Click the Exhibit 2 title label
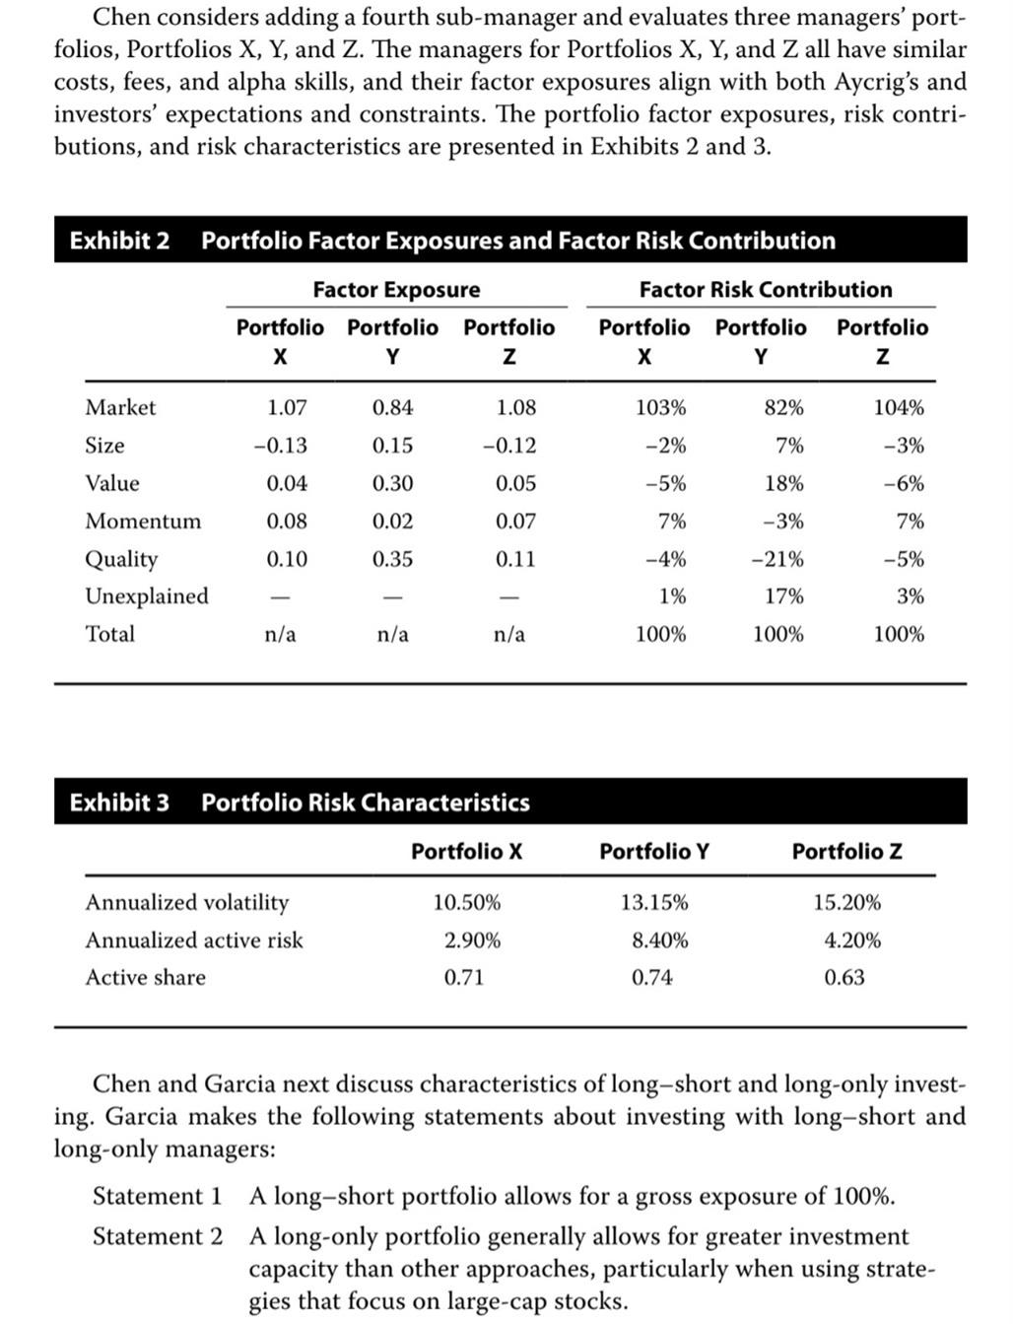pos(119,241)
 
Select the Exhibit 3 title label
pos(119,802)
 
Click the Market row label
pos(120,407)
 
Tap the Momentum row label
pos(143,521)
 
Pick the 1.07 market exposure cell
pos(287,407)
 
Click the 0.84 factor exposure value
pos(392,407)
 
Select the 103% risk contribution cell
pos(660,407)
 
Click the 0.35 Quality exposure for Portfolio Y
pos(392,559)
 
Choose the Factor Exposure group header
pos(396,290)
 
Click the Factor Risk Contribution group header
pos(765,290)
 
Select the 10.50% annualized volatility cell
pos(466,902)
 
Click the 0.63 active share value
pos(844,978)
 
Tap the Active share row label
pos(146,978)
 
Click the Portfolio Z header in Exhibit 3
pos(846,851)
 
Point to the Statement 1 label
pos(157,1197)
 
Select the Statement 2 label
pos(157,1236)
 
